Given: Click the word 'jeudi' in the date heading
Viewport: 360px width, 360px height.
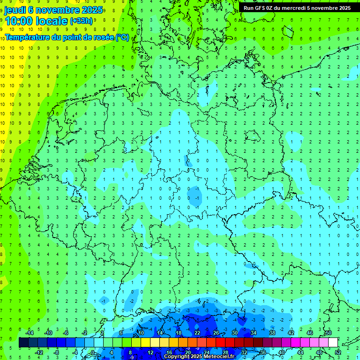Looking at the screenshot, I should click(15, 10).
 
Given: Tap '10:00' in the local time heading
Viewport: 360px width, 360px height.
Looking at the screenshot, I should click(20, 21).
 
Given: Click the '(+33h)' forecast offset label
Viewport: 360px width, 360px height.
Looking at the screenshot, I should click(82, 22).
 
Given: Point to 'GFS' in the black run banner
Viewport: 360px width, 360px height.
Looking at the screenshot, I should click(261, 8).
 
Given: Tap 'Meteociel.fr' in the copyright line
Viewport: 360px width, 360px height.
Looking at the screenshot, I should click(216, 357).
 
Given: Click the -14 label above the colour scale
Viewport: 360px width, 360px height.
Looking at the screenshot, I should click(29, 333).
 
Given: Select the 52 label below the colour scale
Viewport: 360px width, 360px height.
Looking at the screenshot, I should click(338, 352).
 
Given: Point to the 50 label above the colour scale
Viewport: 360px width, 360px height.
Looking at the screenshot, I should click(328, 333).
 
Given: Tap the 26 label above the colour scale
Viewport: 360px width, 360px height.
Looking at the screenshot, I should click(216, 333).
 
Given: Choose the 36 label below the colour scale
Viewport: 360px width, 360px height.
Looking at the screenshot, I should click(262, 352).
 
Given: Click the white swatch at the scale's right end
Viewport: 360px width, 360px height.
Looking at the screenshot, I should click(333, 343).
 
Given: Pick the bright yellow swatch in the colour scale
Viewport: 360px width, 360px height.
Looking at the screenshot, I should click(146, 343).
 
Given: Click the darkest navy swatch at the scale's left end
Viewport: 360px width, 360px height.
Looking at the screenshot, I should click(24, 343).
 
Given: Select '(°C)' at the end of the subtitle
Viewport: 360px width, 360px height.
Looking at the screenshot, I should click(122, 37).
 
